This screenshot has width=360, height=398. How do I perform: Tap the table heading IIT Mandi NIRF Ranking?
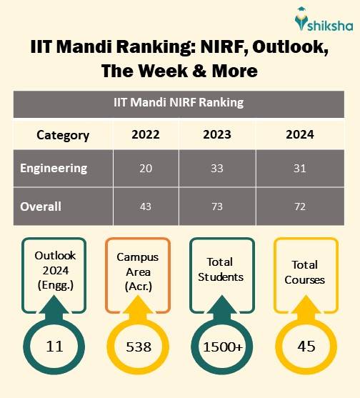pyautogui.click(x=179, y=102)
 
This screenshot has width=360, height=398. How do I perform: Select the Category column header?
pyautogui.click(x=63, y=135)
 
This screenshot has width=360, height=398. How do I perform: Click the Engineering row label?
pyautogui.click(x=54, y=169)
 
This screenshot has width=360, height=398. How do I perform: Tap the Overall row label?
pyautogui.click(x=41, y=207)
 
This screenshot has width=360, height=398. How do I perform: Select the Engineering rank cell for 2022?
pyautogui.click(x=146, y=169)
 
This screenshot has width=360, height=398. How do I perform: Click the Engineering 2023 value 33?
pyautogui.click(x=217, y=169)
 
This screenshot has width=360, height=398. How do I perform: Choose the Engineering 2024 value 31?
pyautogui.click(x=299, y=169)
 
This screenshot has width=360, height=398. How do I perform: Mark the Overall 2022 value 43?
pyautogui.click(x=146, y=207)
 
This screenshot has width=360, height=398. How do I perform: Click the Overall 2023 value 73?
pyautogui.click(x=217, y=207)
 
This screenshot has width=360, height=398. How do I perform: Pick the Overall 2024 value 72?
pyautogui.click(x=299, y=207)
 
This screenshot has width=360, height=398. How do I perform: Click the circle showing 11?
pyautogui.click(x=54, y=347)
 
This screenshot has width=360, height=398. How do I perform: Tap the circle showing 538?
pyautogui.click(x=138, y=347)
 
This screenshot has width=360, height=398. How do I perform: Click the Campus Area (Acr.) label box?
pyautogui.click(x=137, y=274)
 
